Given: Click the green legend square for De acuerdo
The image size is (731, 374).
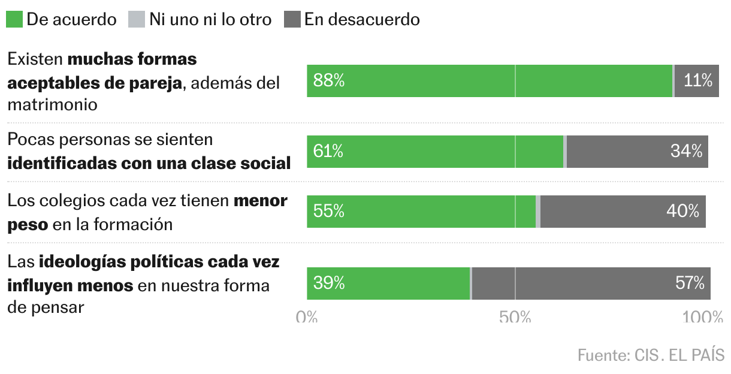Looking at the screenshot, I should [14, 19].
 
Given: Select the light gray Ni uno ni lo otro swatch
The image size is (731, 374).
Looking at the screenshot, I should [137, 19].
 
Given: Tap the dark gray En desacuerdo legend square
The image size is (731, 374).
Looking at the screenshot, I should [292, 19].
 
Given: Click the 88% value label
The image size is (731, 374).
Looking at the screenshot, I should [329, 80].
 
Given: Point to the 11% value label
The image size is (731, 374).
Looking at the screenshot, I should [697, 80].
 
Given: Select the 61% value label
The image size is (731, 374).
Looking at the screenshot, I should [328, 152].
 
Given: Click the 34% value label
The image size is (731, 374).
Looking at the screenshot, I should [686, 152].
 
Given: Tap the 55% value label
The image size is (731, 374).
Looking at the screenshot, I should [329, 211].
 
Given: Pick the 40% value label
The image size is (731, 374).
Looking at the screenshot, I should [683, 211].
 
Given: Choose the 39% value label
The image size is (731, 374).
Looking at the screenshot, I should [329, 283].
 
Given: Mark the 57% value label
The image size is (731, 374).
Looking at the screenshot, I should [690, 283].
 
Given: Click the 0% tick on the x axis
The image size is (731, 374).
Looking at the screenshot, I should [307, 316].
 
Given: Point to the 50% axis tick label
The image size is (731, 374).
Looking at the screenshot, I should [515, 316].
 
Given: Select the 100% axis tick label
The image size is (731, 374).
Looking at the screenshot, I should [703, 316].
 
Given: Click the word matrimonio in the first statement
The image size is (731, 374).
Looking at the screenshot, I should [52, 104].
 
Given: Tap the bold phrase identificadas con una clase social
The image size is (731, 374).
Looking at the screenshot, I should [149, 163].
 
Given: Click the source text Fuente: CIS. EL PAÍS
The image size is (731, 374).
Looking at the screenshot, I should [651, 355].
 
